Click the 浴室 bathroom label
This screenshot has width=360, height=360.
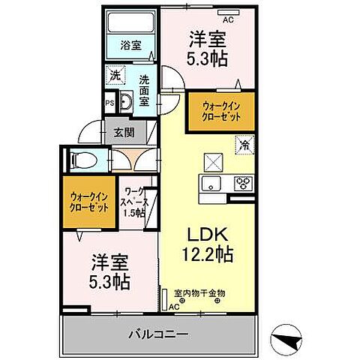click(x=132, y=46)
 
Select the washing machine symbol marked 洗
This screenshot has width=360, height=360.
click(x=115, y=76)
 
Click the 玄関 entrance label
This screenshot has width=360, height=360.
click(x=124, y=133)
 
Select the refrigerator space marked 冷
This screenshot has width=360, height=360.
click(x=245, y=144)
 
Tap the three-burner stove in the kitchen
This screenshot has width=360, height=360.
click(x=242, y=183)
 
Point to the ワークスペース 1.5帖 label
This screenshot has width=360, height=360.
click(x=136, y=202)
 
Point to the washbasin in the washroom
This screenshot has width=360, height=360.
click(x=125, y=103)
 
